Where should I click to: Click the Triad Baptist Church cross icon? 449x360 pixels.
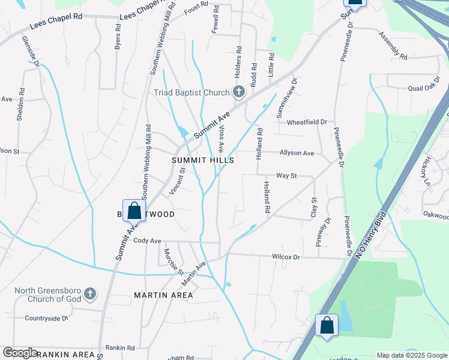click(238, 92)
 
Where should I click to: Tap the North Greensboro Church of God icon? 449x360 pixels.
click(89, 294)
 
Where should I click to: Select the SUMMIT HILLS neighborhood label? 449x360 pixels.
click(202, 161)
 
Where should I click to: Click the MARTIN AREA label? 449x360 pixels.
click(163, 295)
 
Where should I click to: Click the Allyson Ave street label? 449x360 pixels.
click(297, 153)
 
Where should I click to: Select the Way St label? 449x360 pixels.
click(286, 176)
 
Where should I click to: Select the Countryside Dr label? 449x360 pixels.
click(46, 318)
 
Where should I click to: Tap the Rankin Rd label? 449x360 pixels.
click(120, 347)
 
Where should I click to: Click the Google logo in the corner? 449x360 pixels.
click(19, 353)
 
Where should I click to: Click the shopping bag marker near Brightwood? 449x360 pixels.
click(134, 211)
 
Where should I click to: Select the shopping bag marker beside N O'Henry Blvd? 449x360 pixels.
click(327, 326)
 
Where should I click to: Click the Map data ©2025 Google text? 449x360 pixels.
click(411, 355)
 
